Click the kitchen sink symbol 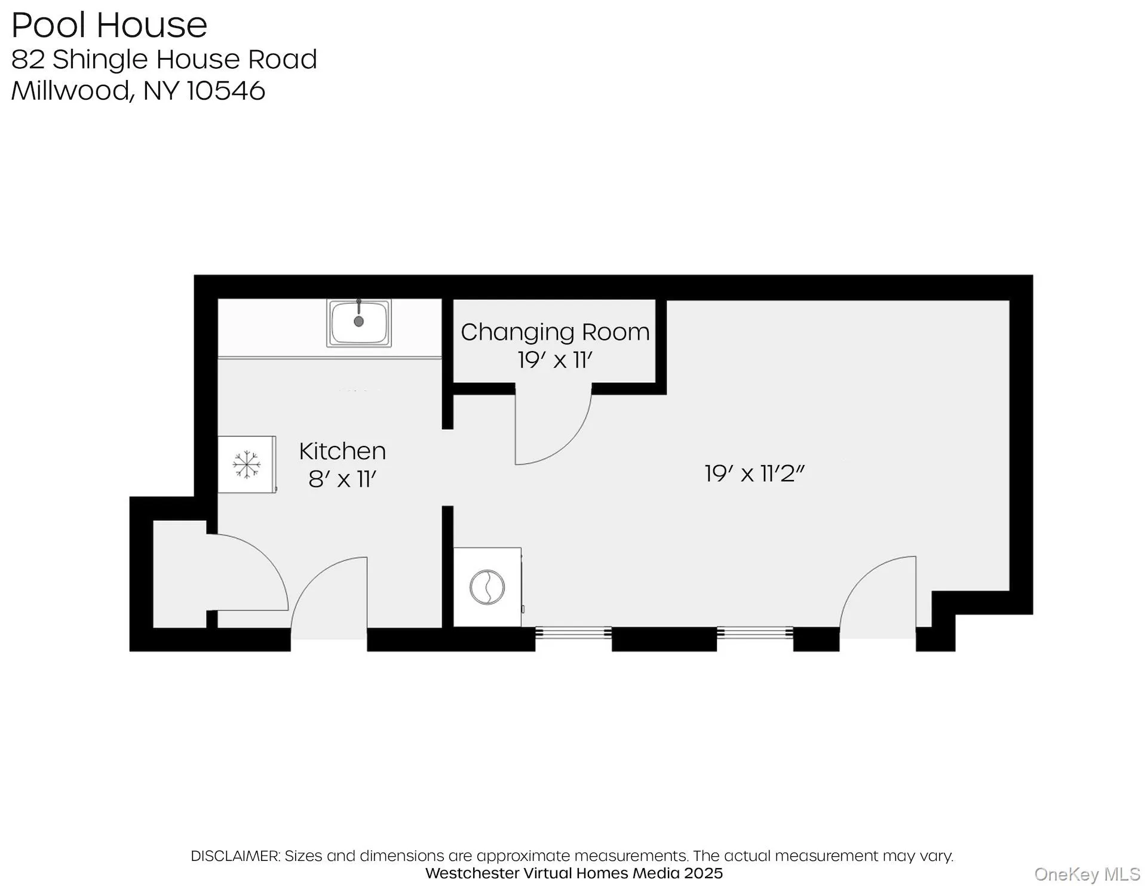(x=358, y=323)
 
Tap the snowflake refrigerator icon (x=246, y=464)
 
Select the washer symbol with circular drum (x=487, y=587)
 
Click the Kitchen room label (x=342, y=451)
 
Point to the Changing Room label (x=555, y=332)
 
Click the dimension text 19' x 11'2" (x=755, y=474)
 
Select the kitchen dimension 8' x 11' (x=342, y=479)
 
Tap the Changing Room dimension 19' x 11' (x=555, y=361)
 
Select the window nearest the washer (x=573, y=632)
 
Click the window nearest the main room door (x=755, y=632)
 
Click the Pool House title (x=109, y=25)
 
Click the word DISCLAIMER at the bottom (x=235, y=856)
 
